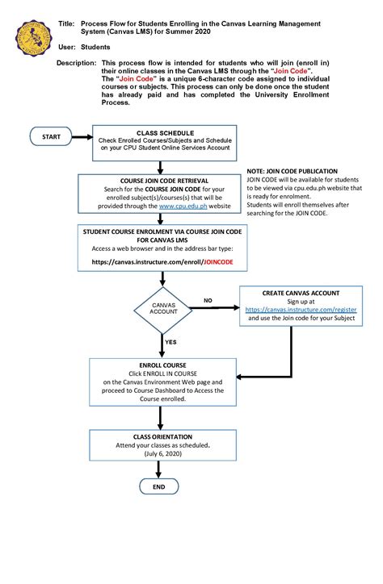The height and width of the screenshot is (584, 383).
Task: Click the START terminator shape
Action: click(51, 137)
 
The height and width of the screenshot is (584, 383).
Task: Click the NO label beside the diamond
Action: click(208, 300)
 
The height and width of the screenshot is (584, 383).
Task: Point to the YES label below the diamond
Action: click(171, 342)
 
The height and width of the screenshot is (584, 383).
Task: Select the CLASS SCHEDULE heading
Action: click(165, 131)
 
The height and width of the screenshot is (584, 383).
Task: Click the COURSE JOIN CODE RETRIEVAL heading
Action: click(164, 180)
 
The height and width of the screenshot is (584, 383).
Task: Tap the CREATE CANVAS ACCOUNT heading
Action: click(301, 293)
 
